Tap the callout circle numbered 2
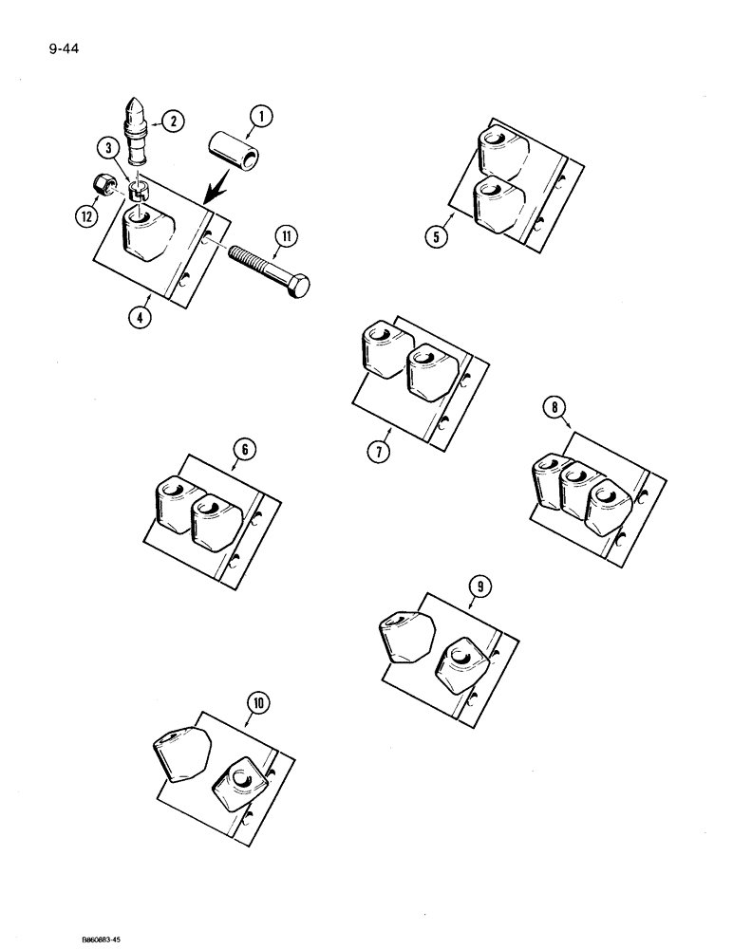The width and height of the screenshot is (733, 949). (172, 121)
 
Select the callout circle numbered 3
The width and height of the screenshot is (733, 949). (110, 149)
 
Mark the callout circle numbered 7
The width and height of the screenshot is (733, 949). (377, 452)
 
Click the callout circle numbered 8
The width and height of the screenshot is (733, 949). (554, 409)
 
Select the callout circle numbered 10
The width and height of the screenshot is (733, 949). (256, 703)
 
